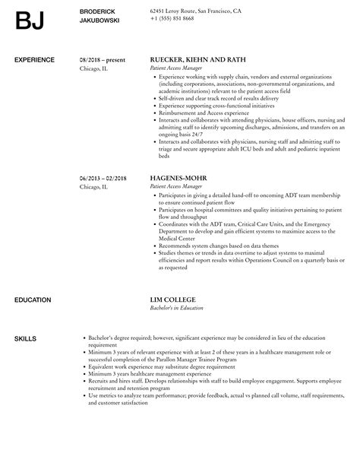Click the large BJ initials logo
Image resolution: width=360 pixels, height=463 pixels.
point(30,21)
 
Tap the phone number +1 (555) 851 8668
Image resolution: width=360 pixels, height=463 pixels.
point(172,18)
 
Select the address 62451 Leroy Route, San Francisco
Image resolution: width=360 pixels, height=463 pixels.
point(196,11)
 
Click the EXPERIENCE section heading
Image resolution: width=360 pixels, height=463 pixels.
point(35,59)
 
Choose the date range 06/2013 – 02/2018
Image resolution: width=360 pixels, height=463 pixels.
point(104,179)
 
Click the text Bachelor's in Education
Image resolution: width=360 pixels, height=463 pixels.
point(182,309)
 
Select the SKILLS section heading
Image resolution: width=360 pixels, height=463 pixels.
point(26,338)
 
